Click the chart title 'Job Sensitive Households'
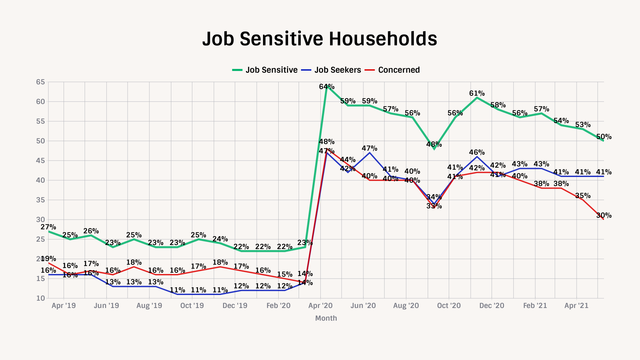(x=320, y=39)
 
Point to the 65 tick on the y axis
(x=40, y=82)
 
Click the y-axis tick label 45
(x=40, y=161)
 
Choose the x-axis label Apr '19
(x=64, y=306)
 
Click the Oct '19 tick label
(x=192, y=306)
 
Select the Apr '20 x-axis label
(x=320, y=306)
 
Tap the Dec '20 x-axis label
(x=492, y=306)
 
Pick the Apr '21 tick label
(x=576, y=306)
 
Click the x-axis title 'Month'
(x=326, y=318)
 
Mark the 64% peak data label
(x=327, y=87)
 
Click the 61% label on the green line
(x=477, y=93)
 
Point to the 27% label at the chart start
(x=48, y=227)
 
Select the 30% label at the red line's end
(x=604, y=215)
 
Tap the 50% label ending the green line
(x=604, y=137)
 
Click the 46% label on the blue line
(x=477, y=152)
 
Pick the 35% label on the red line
(x=583, y=196)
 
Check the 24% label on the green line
(x=220, y=239)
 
